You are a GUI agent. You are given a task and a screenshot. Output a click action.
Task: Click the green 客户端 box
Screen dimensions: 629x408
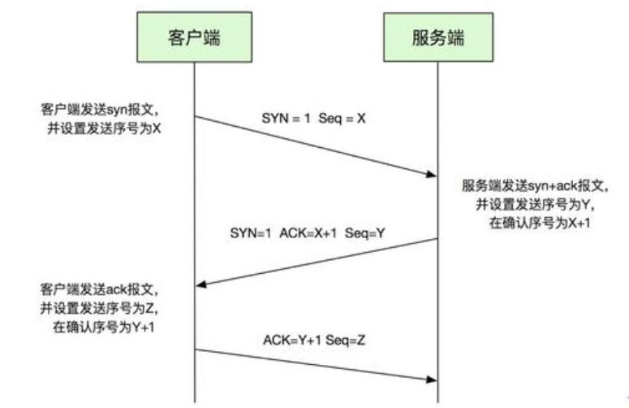click(x=195, y=37)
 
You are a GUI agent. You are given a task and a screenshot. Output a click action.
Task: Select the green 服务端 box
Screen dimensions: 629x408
click(x=438, y=37)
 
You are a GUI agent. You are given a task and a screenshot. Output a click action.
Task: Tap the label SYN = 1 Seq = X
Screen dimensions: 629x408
click(x=314, y=118)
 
